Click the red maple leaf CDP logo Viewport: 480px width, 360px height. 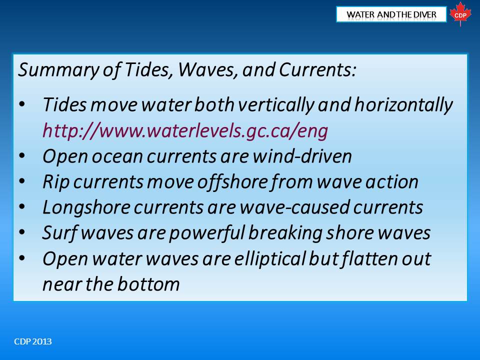pos(460,14)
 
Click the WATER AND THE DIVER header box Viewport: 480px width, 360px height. pos(391,14)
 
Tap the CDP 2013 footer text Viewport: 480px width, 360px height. pos(33,341)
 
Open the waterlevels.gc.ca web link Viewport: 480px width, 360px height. pos(185,130)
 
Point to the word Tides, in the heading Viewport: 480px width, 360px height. pos(147,69)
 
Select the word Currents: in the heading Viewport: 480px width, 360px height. pos(317,69)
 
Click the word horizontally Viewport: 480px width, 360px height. pos(403,105)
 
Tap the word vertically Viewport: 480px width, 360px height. pos(276,105)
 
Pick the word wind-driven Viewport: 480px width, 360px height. pos(302,156)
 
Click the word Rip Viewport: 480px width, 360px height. pos(55,182)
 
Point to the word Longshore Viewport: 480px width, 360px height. pos(86,207)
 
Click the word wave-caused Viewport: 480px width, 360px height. pos(294,207)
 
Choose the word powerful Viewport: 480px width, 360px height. pos(207,233)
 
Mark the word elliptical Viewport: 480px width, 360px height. pos(269,259)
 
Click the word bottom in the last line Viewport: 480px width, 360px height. pos(148,284)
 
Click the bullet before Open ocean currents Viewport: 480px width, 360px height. pos(21,156)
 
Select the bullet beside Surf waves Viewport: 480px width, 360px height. pos(21,232)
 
